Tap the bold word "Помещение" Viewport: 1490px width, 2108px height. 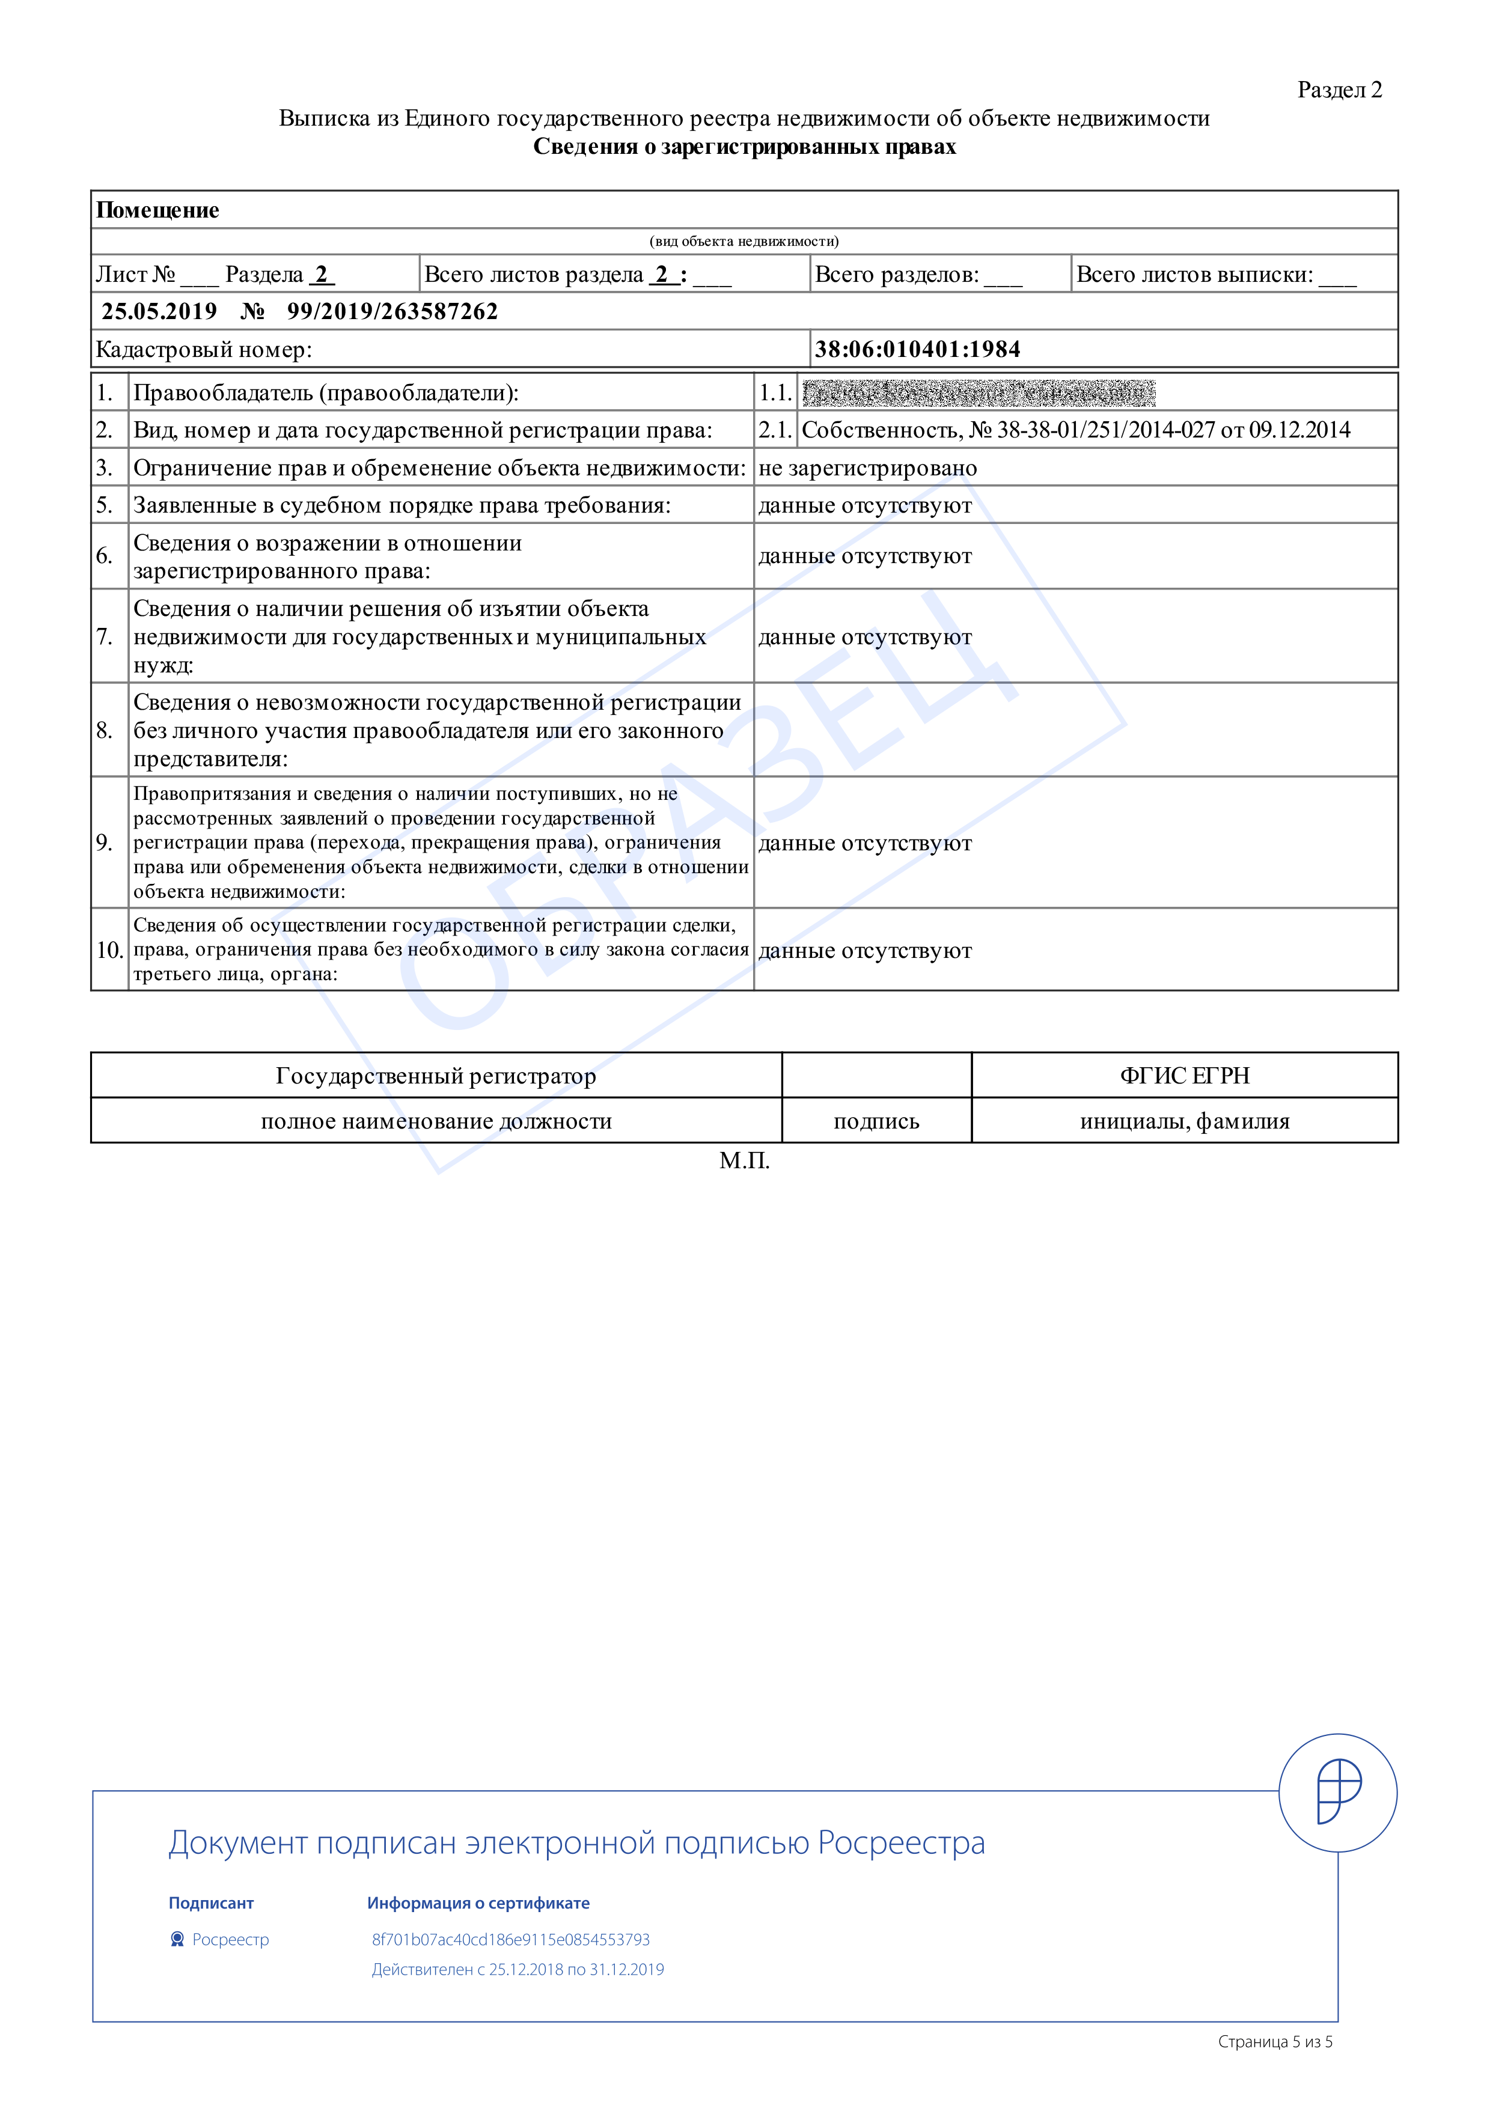click(158, 210)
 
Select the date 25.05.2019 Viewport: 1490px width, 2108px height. click(159, 311)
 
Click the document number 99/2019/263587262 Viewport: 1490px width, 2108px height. click(392, 311)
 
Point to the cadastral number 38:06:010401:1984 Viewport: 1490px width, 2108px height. click(917, 349)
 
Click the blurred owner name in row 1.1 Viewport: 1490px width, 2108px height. click(978, 393)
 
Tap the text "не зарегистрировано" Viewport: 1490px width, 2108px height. click(867, 468)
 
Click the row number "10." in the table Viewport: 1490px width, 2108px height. click(109, 950)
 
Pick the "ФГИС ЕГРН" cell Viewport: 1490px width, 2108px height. click(1184, 1075)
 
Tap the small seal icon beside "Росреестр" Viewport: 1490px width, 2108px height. click(177, 1939)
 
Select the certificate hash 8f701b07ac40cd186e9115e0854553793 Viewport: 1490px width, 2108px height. click(510, 1939)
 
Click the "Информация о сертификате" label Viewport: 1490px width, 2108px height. click(478, 1903)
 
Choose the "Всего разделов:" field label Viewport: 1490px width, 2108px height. click(896, 275)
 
